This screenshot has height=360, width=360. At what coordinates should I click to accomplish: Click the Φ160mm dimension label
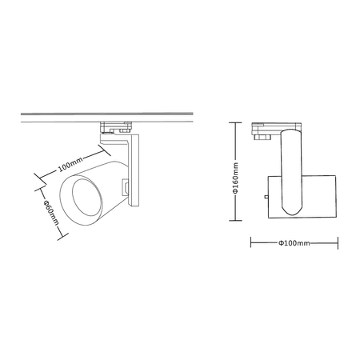[235, 178]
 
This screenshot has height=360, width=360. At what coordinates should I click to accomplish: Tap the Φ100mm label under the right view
[294, 243]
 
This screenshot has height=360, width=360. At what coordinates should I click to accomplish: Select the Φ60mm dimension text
[50, 212]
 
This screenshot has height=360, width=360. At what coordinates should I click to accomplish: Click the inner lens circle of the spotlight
[87, 198]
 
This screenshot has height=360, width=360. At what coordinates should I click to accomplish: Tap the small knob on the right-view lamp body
[266, 197]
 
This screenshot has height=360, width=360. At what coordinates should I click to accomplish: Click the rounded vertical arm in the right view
[291, 172]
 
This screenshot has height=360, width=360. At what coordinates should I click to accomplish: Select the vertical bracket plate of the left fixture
[134, 170]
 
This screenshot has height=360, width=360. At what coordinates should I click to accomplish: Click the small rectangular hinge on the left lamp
[125, 187]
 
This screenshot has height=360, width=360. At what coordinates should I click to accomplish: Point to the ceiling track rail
[107, 118]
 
